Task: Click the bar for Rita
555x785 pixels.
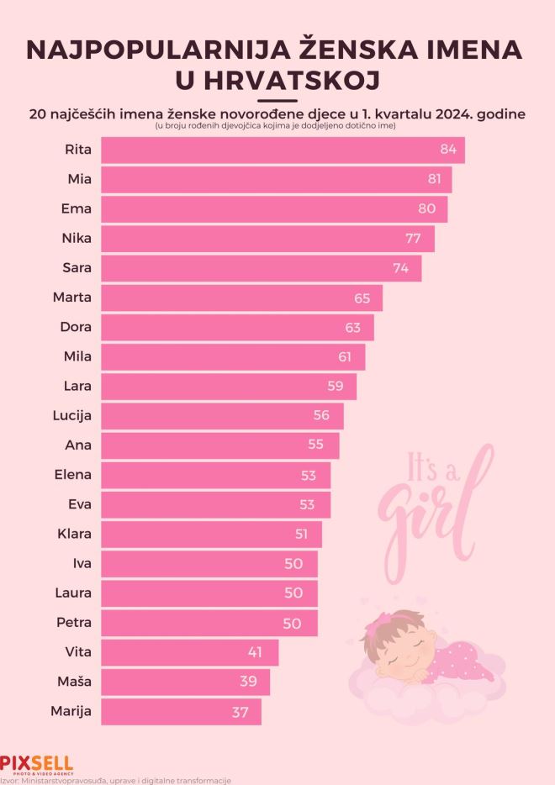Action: [282, 150]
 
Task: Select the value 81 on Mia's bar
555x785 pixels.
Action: [435, 180]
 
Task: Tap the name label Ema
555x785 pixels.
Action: [78, 209]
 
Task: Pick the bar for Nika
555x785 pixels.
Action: [267, 239]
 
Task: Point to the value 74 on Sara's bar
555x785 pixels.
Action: [400, 268]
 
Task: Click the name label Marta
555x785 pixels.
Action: [73, 298]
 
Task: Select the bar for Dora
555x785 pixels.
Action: [237, 327]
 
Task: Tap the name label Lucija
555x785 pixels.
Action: [71, 415]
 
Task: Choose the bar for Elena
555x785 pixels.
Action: [215, 475]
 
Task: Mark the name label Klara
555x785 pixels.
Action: [74, 534]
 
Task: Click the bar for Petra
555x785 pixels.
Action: [209, 623]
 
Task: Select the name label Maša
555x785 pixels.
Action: [74, 682]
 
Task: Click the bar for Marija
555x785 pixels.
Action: [181, 712]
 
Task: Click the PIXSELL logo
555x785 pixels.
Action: [36, 764]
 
